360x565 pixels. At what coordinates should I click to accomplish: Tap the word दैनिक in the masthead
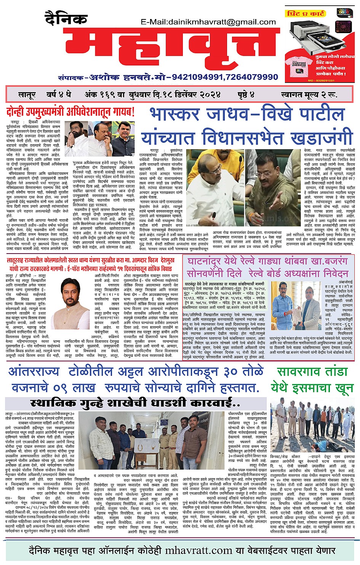[61, 19]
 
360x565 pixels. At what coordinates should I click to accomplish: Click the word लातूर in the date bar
[27, 95]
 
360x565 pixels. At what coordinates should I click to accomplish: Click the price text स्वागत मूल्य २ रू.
[309, 95]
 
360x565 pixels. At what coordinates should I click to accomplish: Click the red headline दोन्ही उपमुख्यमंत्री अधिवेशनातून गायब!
[70, 112]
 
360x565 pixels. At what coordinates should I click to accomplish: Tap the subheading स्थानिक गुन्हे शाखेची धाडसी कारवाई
[135, 403]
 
